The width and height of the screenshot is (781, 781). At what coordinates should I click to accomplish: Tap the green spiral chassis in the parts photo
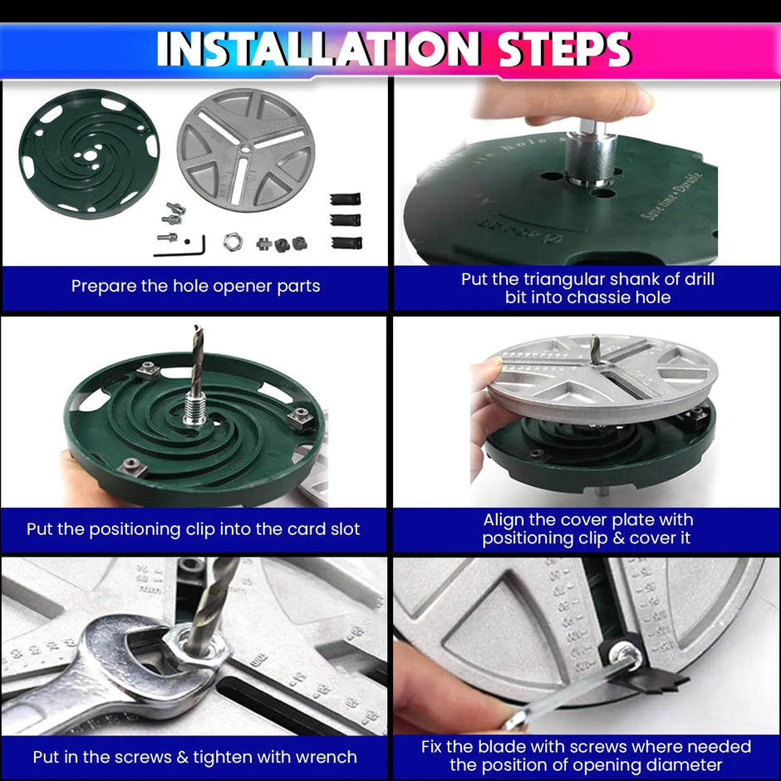coord(88,154)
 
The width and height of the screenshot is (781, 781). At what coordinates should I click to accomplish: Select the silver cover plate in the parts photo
coord(246,150)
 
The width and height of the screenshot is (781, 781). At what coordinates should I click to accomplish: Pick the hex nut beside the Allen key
coord(232,242)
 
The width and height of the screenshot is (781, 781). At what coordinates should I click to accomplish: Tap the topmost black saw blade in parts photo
coord(345,200)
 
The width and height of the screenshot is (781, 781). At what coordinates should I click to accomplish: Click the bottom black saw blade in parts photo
coord(345,242)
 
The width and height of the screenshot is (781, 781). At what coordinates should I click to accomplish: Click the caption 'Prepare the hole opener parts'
coord(195,287)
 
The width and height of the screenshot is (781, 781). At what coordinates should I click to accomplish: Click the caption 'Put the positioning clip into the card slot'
coord(194,529)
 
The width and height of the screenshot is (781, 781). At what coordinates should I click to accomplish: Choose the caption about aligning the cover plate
coord(587,529)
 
